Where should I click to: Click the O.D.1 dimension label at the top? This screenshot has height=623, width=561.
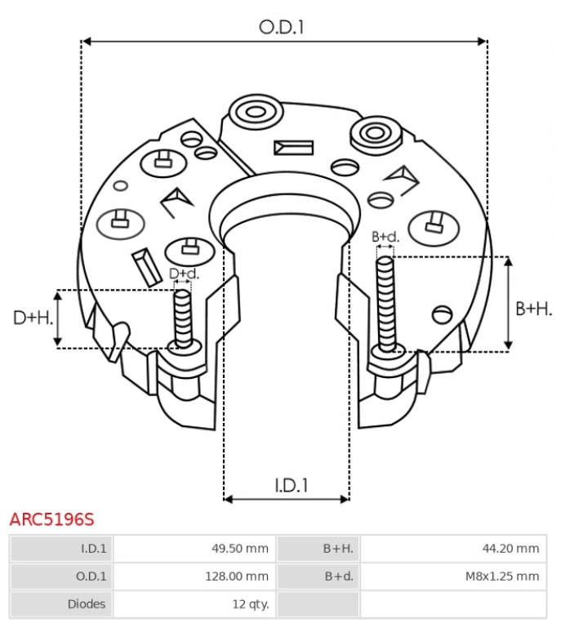click(282, 27)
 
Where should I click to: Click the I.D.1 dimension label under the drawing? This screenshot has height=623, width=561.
click(291, 485)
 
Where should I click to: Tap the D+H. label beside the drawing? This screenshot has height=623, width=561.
click(33, 318)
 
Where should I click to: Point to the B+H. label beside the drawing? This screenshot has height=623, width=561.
click(534, 308)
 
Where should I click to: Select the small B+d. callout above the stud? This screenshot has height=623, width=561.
click(385, 237)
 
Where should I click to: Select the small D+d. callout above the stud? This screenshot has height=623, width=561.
click(183, 274)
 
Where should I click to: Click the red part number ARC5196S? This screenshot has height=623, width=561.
click(51, 519)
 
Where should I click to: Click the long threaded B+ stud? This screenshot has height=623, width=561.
click(385, 302)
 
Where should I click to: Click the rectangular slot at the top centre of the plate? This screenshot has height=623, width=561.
click(294, 148)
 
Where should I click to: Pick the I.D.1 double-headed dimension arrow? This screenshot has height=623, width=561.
click(287, 498)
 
